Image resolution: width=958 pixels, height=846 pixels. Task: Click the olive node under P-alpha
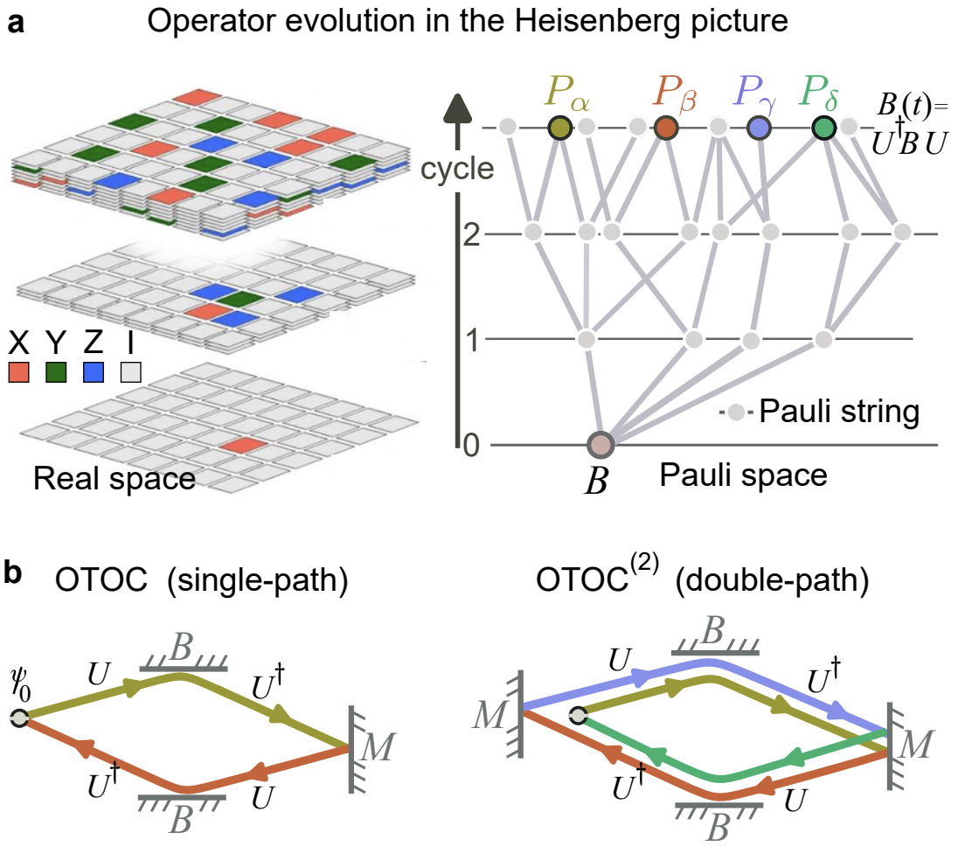pos(559,128)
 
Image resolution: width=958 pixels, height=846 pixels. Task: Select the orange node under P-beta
pos(666,128)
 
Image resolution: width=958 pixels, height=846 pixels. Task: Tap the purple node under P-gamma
pos(760,128)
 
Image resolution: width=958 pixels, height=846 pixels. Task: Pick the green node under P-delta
pos(823,128)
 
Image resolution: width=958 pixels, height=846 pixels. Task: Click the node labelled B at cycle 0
pos(602,445)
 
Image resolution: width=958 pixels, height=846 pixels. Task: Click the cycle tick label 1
pos(472,339)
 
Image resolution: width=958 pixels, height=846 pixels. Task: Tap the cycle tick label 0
pos(472,445)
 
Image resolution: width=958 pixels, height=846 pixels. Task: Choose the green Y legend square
pos(57,372)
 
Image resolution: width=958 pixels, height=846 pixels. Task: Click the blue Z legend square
pos(94,372)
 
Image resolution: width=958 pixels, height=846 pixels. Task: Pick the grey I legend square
pos(131,372)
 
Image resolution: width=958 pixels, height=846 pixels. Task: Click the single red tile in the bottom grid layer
pos(240,447)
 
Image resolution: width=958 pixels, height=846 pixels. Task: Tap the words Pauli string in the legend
pos(839,410)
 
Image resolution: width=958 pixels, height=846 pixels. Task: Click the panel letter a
pos(15,23)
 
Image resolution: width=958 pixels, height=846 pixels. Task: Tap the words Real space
pos(114,478)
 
